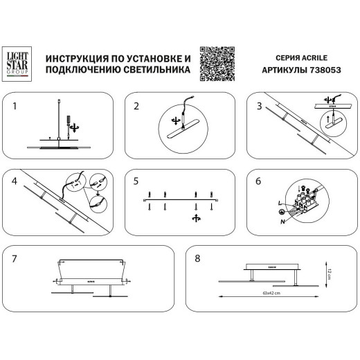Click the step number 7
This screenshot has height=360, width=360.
pos(15,258)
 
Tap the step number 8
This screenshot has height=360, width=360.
pos(199,258)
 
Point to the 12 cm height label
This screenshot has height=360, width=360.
pos(330,275)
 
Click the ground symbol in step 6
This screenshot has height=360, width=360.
pos(280,212)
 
